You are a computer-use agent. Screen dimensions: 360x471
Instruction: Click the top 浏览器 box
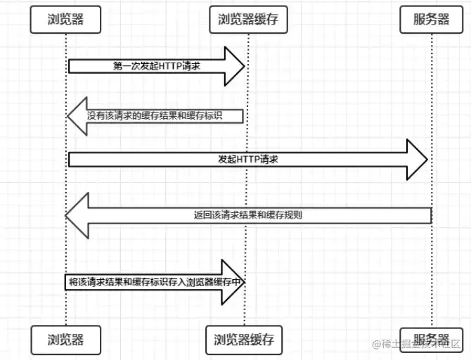click(66, 20)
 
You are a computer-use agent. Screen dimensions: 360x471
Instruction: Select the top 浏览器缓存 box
click(244, 20)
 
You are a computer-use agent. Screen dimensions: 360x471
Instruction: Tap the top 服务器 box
click(432, 20)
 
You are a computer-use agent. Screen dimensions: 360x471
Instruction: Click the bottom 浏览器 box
click(66, 340)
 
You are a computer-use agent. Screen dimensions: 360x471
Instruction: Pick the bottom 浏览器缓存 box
click(243, 340)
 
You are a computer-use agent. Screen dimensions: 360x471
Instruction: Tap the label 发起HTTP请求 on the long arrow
click(248, 160)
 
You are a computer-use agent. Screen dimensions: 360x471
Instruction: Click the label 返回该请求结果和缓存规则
click(248, 214)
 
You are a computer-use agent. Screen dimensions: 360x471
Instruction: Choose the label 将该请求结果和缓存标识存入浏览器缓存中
click(155, 281)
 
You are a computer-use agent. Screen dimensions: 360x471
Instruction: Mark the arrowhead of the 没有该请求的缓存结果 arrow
click(77, 115)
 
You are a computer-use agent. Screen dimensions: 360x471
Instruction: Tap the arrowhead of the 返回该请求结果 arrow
click(77, 214)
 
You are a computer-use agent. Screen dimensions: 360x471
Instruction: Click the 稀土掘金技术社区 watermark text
click(426, 345)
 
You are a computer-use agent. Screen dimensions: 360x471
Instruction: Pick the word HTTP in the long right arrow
click(249, 160)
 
